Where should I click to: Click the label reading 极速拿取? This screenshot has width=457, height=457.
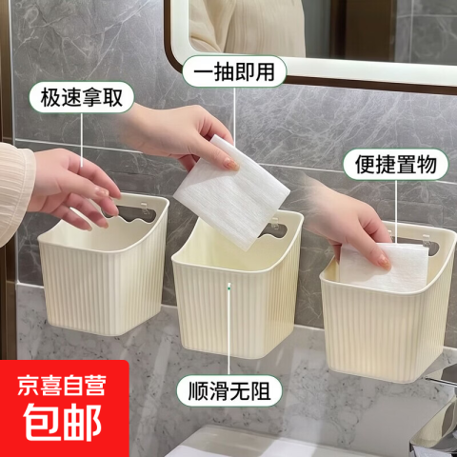(82, 97)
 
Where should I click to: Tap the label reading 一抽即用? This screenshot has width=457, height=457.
(234, 71)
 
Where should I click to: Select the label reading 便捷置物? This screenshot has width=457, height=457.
(396, 165)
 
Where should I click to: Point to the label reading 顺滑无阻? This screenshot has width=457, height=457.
(229, 391)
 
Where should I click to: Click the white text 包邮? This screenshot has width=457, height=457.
(63, 423)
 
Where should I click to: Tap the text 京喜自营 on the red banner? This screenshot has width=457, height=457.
(62, 386)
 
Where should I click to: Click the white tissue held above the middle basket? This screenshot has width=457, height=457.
(231, 192)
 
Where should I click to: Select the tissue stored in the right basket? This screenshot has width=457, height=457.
(384, 267)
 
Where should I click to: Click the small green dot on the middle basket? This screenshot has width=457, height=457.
(229, 288)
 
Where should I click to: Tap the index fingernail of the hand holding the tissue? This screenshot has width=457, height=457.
(231, 164)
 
